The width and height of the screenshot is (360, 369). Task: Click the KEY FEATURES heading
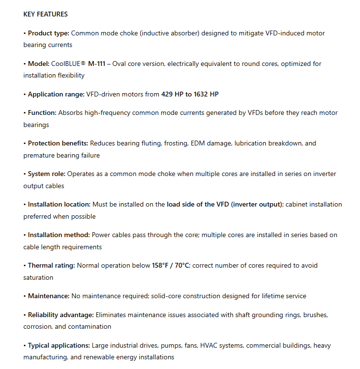tap(46, 14)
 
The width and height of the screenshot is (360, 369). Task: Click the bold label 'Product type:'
tap(49, 33)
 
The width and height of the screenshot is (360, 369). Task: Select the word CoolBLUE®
tap(73, 64)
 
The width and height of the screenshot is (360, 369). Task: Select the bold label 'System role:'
tap(47, 174)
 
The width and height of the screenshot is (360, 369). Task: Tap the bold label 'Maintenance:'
tap(49, 296)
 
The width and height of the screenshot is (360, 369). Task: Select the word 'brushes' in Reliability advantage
tap(315, 315)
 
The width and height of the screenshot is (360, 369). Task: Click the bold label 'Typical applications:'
tap(59, 345)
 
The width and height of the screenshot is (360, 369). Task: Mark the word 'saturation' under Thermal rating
tap(38, 277)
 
